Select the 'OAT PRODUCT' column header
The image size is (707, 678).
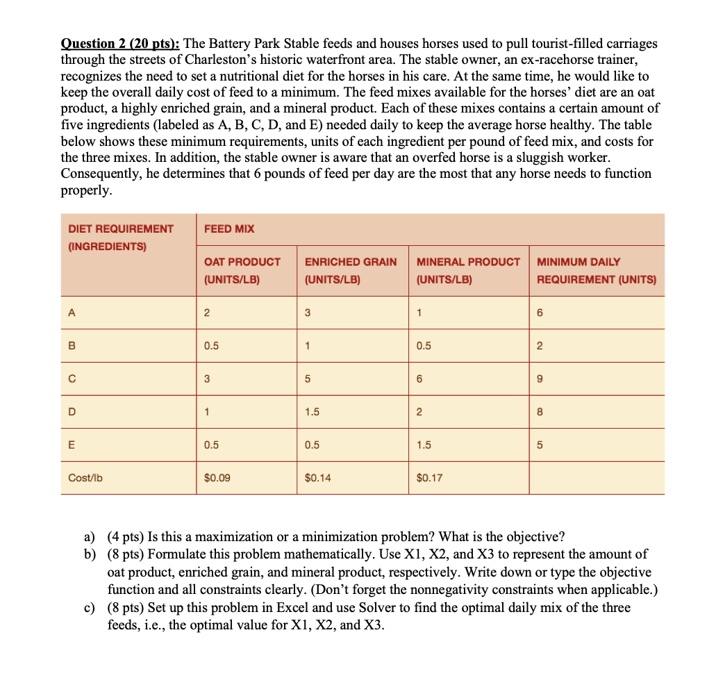242,262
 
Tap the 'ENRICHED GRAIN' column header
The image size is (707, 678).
351,262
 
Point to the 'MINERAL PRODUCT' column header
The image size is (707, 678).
468,262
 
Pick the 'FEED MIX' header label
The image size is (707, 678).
229,229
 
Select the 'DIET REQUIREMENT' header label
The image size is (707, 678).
121,229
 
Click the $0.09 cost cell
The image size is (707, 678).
217,478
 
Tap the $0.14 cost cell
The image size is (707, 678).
317,478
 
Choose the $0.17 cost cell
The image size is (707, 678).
429,478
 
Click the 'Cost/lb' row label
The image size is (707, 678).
85,478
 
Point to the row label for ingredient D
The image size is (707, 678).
72,412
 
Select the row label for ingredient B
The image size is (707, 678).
72,346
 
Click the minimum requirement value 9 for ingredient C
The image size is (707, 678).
540,379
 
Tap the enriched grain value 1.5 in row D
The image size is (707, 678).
312,412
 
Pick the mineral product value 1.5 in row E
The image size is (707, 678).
424,445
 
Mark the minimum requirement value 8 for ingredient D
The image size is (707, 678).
540,412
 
